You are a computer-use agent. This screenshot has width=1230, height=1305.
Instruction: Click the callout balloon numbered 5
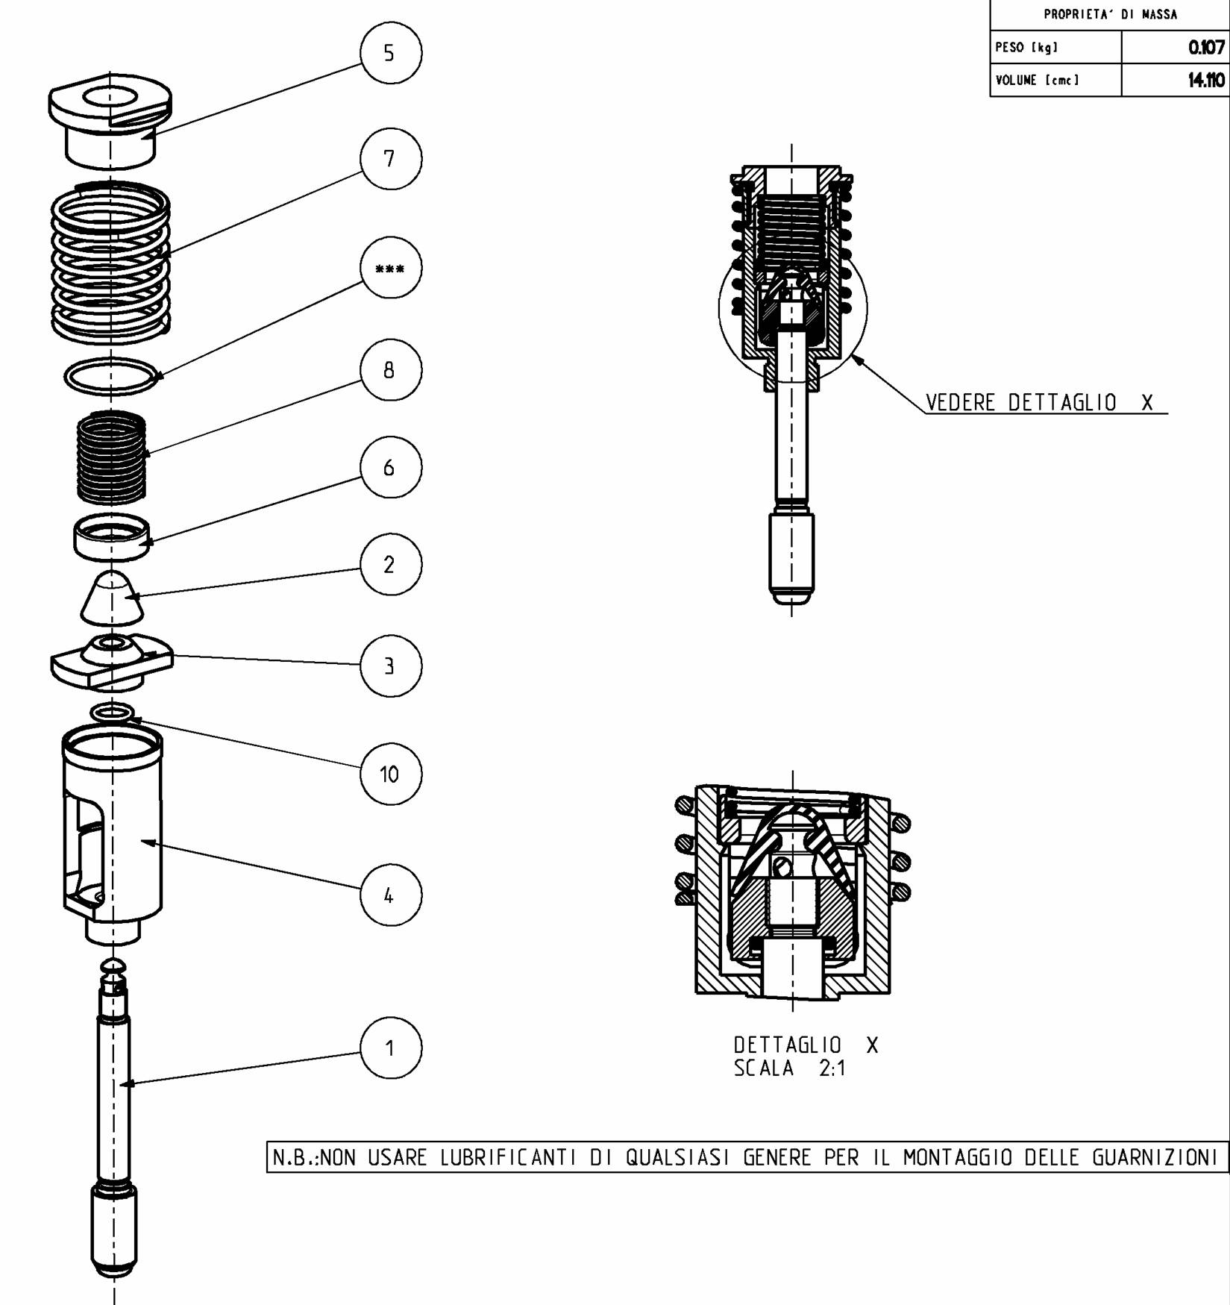pos(390,53)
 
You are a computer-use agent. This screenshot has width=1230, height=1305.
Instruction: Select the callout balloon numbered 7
pos(390,159)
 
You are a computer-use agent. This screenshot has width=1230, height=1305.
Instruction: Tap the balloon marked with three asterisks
pos(390,268)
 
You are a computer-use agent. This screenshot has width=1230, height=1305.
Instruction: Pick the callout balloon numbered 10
pos(390,774)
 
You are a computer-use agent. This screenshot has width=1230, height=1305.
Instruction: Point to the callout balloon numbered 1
pos(390,1048)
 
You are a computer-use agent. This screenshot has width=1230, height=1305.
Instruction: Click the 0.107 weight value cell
pos(1174,48)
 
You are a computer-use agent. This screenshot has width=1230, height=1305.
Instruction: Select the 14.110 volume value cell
pos(1174,80)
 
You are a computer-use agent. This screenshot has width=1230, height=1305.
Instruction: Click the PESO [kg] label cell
pos(1055,48)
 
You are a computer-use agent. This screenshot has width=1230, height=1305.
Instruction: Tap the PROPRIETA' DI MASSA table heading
pos(1109,14)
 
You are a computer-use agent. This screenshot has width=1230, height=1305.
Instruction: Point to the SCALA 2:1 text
pos(790,1068)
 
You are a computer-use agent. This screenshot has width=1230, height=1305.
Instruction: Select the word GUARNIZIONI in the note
pos(1155,1157)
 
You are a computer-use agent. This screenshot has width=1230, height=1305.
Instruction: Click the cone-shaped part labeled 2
pos(112,598)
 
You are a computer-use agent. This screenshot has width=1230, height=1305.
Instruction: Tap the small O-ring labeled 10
pos(112,713)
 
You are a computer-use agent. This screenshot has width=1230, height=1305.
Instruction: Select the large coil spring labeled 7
pos(110,261)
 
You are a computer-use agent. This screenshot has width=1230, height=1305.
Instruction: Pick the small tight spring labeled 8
pos(111,457)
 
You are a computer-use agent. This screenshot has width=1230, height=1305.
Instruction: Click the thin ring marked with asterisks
pos(111,376)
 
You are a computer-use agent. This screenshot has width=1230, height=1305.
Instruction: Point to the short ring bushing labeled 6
pos(112,537)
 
